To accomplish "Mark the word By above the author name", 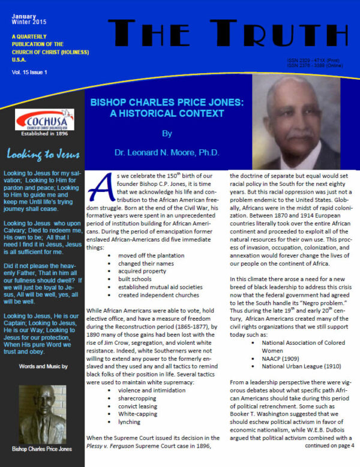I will pos(167,133).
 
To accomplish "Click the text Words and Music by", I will pos(41,365).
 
